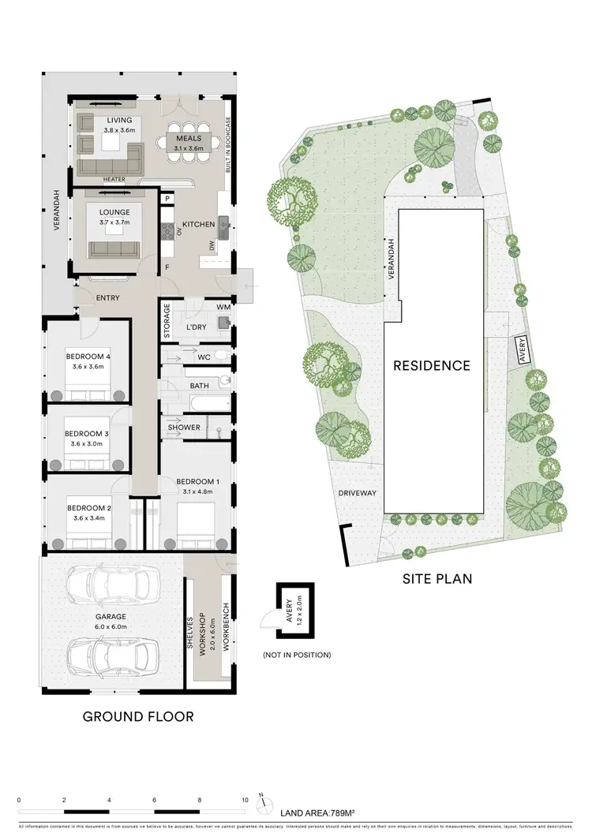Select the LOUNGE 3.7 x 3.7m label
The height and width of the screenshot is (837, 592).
pos(114,218)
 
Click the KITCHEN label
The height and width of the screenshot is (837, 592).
pos(198,225)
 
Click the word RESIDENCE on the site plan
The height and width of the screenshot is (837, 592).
pos(433,365)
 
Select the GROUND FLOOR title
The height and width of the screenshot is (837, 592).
pos(138,717)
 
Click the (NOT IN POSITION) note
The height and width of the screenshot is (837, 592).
pos(296,655)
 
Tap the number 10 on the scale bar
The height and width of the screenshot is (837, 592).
pos(245,799)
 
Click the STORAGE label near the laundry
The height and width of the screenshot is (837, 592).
pos(167,321)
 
